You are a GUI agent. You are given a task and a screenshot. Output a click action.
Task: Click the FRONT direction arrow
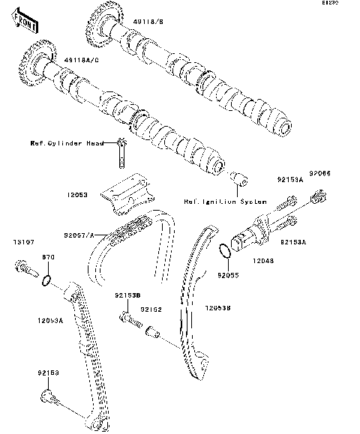[26, 23]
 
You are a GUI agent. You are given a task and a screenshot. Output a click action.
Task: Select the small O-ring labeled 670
[46, 282]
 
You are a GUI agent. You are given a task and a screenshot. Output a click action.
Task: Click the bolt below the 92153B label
[128, 320]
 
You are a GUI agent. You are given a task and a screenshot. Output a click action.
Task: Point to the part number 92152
[153, 309]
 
